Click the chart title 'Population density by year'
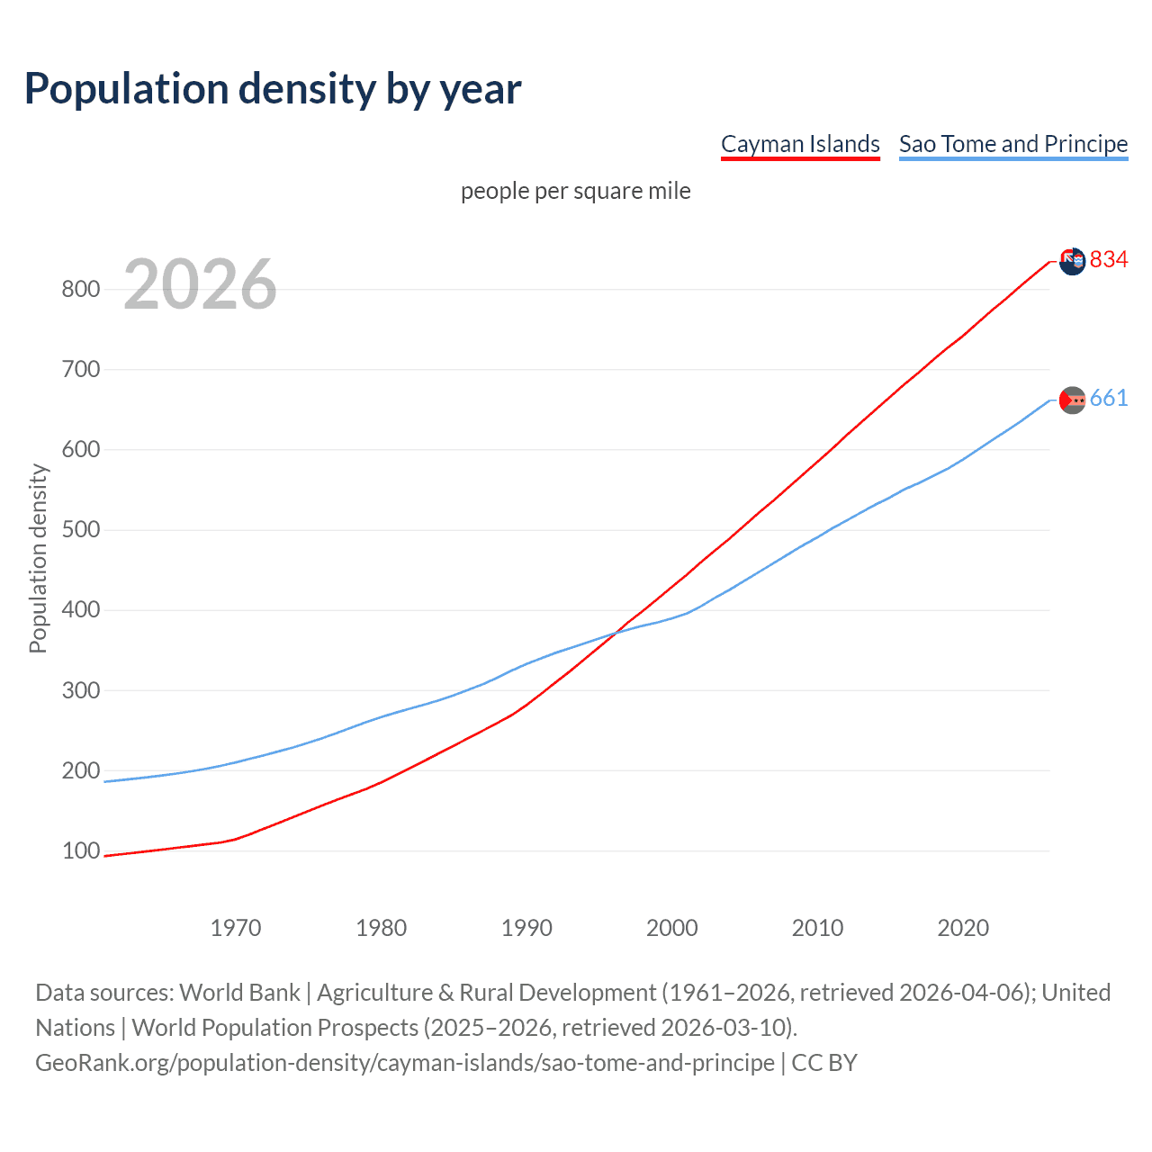tap(273, 89)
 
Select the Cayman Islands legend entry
tap(800, 144)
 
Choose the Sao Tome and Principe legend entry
tap(1012, 144)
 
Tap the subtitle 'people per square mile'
tap(575, 191)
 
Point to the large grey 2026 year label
tap(200, 284)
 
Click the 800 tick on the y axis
tap(80, 289)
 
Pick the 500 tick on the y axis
tap(80, 530)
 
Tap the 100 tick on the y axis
tap(80, 851)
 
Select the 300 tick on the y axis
tap(80, 690)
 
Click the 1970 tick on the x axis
tap(236, 928)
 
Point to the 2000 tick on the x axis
tap(672, 928)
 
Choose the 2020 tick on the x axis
tap(963, 928)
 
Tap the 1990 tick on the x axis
tap(526, 928)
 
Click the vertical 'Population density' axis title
tap(38, 558)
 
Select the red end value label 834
tap(1109, 260)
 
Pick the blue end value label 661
tap(1109, 399)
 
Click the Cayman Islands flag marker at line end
tap(1072, 261)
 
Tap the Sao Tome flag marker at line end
tap(1072, 400)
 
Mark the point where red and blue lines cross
tap(615, 634)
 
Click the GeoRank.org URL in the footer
tap(405, 1063)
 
